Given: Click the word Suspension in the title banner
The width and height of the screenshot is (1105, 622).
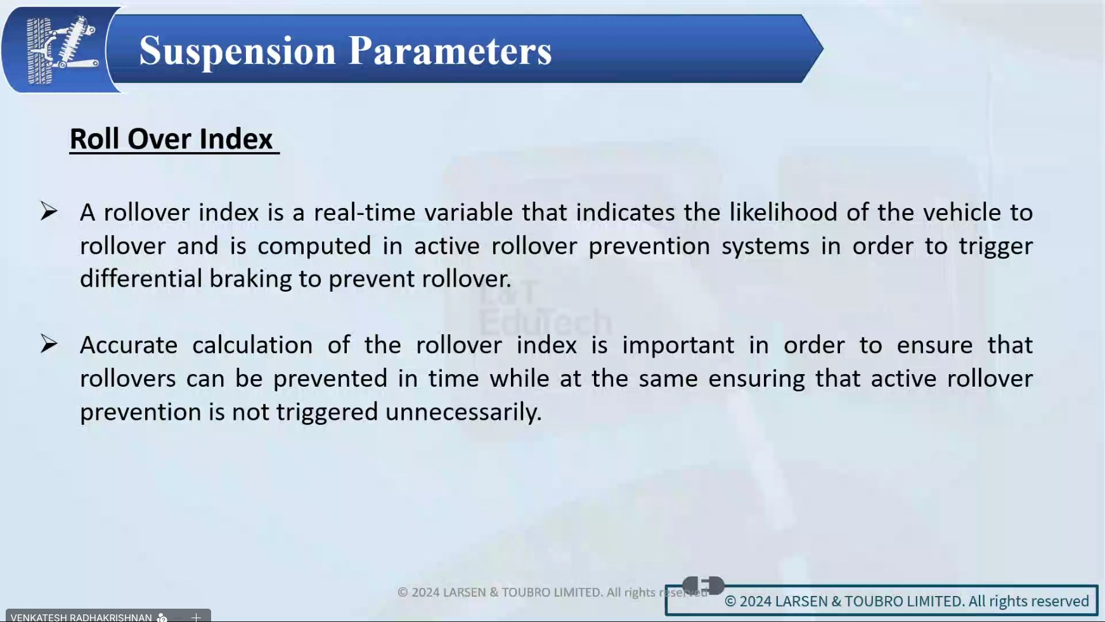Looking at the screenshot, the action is point(238,51).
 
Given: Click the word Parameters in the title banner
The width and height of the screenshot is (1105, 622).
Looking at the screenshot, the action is point(450,50).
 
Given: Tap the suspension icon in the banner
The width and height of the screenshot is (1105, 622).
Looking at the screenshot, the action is point(61,50).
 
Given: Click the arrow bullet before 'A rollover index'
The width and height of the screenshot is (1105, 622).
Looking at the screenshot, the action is point(49,211).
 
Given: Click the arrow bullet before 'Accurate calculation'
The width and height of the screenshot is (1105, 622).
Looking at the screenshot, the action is point(49,344).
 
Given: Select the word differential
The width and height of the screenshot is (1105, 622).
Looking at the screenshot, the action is point(141,278).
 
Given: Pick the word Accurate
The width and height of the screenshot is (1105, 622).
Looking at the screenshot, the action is point(129,345).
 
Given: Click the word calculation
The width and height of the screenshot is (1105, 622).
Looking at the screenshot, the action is point(252,345).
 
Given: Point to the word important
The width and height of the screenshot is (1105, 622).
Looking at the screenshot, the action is point(678,346).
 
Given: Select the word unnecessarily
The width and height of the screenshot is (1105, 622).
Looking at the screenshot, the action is point(463,413).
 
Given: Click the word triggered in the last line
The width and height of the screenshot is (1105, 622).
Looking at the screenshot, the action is point(327,413).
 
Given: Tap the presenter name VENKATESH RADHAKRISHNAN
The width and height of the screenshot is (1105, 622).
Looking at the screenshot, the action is point(81,617).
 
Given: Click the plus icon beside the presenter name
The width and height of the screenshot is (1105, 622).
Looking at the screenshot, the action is point(196,617).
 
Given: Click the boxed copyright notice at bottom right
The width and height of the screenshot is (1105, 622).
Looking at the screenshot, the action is point(881,600).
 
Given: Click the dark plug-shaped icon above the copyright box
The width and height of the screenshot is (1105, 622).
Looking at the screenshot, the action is point(703,585).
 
